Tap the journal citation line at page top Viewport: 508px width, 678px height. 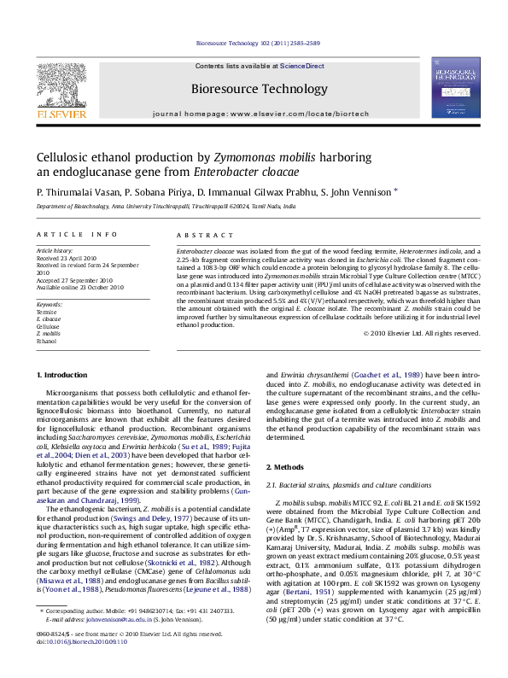click(x=254, y=42)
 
